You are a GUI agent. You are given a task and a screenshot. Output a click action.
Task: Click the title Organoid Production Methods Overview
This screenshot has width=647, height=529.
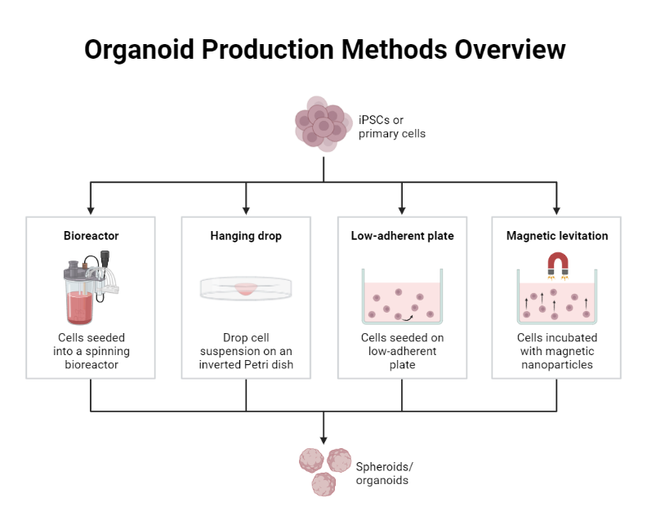(324, 49)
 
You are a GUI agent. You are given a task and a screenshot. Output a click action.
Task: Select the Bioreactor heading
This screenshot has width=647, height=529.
(91, 236)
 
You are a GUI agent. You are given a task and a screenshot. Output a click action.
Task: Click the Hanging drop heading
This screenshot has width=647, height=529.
(246, 236)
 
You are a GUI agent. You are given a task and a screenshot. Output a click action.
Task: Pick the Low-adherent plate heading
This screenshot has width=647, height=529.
(402, 236)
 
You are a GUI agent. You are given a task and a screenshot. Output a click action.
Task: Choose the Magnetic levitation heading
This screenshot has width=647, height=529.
(557, 236)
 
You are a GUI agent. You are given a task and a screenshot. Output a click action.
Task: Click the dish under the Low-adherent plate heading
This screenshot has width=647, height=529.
(402, 300)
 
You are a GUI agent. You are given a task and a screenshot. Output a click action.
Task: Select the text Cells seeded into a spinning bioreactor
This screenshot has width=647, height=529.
(91, 351)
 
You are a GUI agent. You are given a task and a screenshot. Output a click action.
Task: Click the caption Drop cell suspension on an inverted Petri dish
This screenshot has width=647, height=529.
(246, 351)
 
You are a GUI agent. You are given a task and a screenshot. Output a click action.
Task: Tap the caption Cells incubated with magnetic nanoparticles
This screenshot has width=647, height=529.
(557, 351)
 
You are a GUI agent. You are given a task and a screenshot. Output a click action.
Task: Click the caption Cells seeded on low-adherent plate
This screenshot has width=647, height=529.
(402, 351)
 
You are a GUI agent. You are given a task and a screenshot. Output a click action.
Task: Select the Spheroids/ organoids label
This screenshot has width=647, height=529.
(384, 473)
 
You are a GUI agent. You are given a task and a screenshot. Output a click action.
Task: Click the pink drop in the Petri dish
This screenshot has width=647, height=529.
(246, 288)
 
